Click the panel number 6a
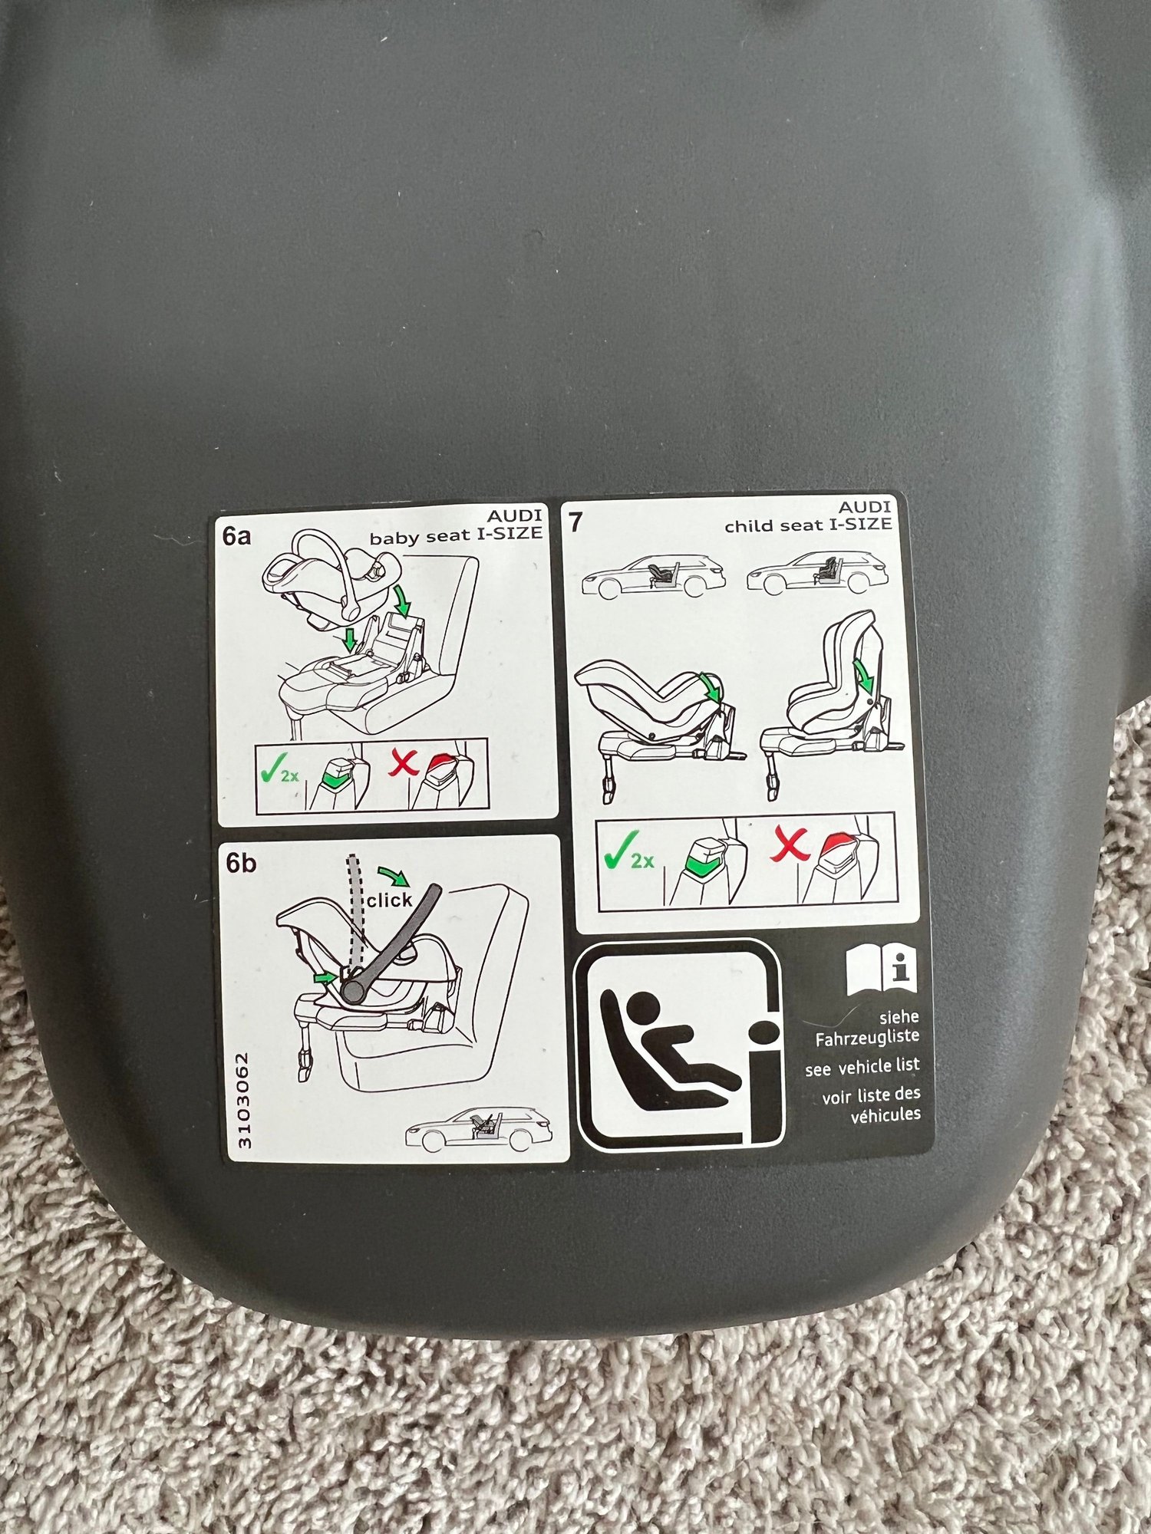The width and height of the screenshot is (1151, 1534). tap(236, 535)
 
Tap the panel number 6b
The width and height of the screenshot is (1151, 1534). tap(239, 864)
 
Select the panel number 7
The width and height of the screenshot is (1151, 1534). tap(575, 524)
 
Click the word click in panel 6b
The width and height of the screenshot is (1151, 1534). tap(389, 900)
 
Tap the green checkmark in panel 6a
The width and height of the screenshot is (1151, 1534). tap(269, 772)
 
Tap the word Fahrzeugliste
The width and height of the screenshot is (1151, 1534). tap(867, 1037)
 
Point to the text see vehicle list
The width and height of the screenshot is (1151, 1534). tap(862, 1067)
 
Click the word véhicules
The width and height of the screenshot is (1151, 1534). tap(885, 1114)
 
